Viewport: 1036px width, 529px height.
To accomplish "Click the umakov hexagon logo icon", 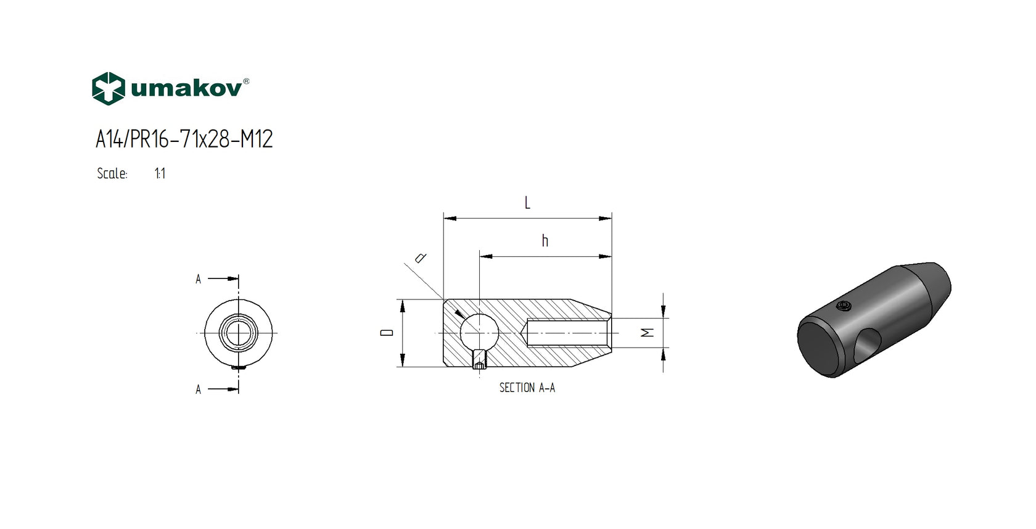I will click(109, 89).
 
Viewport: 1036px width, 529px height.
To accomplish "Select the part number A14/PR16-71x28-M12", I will click(184, 140).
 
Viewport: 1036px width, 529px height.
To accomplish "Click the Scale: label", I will click(112, 174).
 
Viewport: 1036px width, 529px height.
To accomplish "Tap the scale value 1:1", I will click(160, 174).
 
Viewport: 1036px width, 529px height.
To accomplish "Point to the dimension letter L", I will click(527, 203).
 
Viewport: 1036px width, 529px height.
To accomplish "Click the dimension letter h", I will click(545, 241).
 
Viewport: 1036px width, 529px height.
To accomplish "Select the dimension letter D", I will click(387, 333).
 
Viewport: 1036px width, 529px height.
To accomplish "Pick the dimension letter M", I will click(647, 333).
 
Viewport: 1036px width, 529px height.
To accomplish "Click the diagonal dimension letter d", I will click(421, 257).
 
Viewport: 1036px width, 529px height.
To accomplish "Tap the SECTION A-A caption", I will click(527, 388).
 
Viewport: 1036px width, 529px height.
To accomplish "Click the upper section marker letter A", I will click(198, 280).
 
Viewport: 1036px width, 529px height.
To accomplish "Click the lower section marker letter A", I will click(198, 390).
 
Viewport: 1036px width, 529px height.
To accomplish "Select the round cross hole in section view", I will click(479, 332).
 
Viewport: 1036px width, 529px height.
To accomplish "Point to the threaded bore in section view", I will click(567, 333).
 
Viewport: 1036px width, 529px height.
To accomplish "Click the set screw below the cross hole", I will click(479, 360).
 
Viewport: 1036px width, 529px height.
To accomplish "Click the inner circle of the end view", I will click(238, 333).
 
